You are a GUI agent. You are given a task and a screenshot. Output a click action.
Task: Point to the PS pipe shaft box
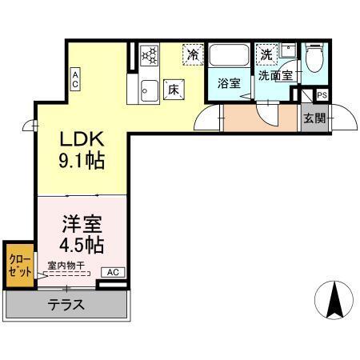322,95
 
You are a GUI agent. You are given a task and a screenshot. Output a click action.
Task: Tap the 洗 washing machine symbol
266,55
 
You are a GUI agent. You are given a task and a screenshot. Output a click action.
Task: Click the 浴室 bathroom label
229,83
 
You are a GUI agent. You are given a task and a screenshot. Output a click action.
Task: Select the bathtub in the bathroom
230,57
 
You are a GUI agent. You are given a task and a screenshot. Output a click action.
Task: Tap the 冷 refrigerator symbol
193,54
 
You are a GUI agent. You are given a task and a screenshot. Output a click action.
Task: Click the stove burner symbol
150,56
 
